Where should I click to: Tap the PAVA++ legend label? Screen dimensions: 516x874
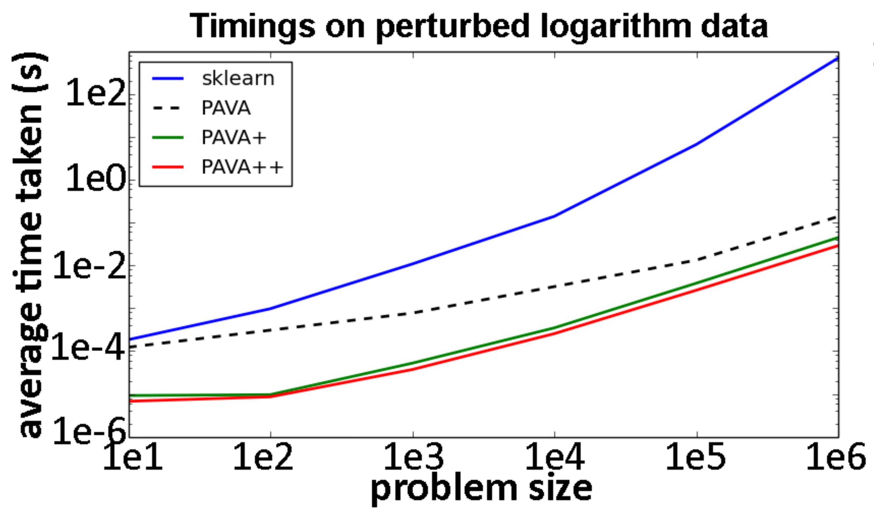[242, 167]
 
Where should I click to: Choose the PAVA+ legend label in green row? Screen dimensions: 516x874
[234, 138]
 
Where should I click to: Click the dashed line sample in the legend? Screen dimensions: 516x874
[167, 108]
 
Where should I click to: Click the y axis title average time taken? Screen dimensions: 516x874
[31, 243]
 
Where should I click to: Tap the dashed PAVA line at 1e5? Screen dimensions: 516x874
[697, 259]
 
